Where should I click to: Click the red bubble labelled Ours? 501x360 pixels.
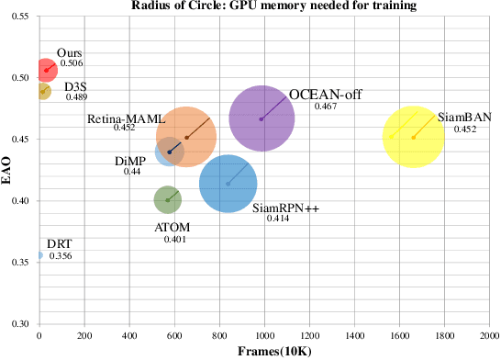pyautogui.click(x=45, y=70)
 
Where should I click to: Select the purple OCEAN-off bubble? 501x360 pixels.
pyautogui.click(x=262, y=118)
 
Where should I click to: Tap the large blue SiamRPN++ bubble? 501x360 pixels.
pyautogui.click(x=228, y=184)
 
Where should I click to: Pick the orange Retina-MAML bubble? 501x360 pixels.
pyautogui.click(x=186, y=138)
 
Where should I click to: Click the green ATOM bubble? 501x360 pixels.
pyautogui.click(x=167, y=199)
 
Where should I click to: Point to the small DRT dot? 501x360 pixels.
pyautogui.click(x=39, y=255)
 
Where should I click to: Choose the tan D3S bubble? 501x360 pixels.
pyautogui.click(x=42, y=91)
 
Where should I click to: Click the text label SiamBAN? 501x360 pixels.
pyautogui.click(x=464, y=118)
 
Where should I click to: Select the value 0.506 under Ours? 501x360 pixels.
pyautogui.click(x=72, y=64)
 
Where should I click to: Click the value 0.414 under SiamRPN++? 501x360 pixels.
pyautogui.click(x=278, y=219)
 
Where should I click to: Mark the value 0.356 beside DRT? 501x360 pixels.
pyautogui.click(x=61, y=255)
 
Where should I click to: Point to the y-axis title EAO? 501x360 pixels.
pyautogui.click(x=6, y=170)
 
